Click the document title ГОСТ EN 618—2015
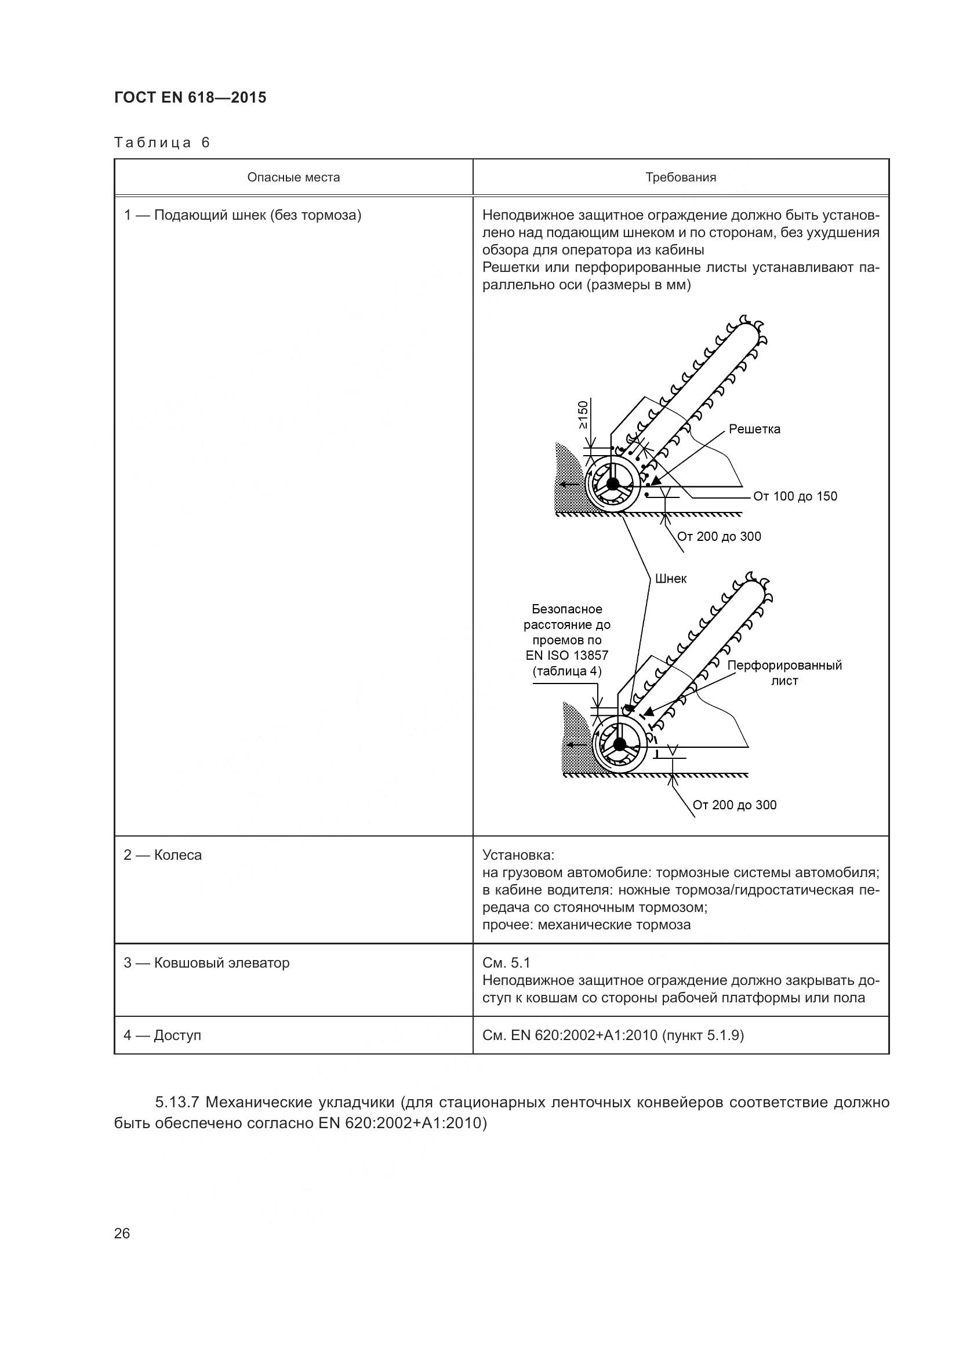click(x=190, y=97)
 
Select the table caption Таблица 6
click(x=162, y=143)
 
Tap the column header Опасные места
click(x=293, y=177)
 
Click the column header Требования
click(x=680, y=177)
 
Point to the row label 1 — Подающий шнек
click(x=242, y=215)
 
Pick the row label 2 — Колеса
click(x=162, y=855)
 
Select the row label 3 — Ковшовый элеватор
click(x=206, y=963)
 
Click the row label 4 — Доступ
click(x=162, y=1035)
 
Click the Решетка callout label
click(x=754, y=430)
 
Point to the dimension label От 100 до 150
click(x=795, y=496)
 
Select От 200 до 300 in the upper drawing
click(x=718, y=536)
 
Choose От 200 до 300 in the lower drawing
click(x=734, y=805)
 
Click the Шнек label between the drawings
click(x=670, y=579)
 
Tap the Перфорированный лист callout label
click(x=784, y=672)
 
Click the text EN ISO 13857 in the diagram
click(x=566, y=655)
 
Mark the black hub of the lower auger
click(x=619, y=744)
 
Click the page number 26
click(x=122, y=1233)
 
